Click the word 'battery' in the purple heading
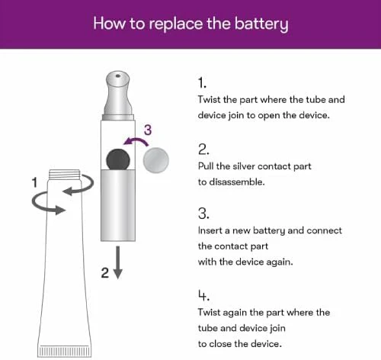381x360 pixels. [261, 24]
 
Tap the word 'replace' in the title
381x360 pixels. [176, 24]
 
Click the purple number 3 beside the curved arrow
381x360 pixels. [148, 130]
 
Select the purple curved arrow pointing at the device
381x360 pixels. [136, 141]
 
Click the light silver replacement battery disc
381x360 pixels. [156, 160]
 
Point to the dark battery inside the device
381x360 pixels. [118, 159]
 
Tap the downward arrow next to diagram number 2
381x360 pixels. [117, 262]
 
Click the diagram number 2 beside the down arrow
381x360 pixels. [105, 273]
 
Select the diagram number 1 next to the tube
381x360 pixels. [34, 182]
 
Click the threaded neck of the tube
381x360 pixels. [65, 175]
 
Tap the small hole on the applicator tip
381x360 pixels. [117, 76]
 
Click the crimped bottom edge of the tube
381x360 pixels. [64, 351]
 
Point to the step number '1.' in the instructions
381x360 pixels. [202, 83]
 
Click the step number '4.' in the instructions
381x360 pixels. [203, 295]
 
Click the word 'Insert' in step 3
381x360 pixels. [210, 230]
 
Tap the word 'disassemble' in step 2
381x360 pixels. [237, 182]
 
